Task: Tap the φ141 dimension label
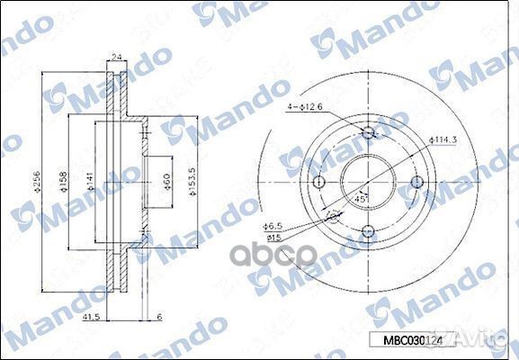[90, 184]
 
